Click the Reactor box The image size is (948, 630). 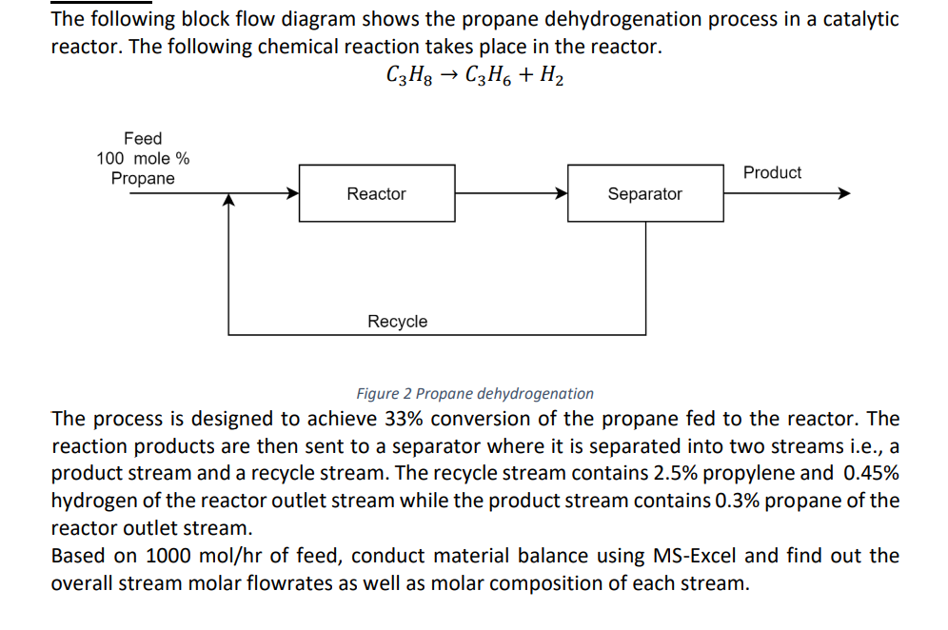376,193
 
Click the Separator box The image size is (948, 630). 644,193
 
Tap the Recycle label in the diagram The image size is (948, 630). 397,322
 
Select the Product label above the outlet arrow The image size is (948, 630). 772,172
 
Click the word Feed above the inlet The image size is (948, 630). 143,139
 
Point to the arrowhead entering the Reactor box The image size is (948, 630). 293,193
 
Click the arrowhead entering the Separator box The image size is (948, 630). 562,193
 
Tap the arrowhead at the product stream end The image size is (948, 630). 842,193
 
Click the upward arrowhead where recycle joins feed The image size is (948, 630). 228,201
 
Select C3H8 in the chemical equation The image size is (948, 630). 407,76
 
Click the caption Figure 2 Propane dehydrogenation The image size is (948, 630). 474,393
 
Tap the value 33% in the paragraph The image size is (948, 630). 403,419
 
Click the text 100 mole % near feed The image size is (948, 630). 143,159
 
